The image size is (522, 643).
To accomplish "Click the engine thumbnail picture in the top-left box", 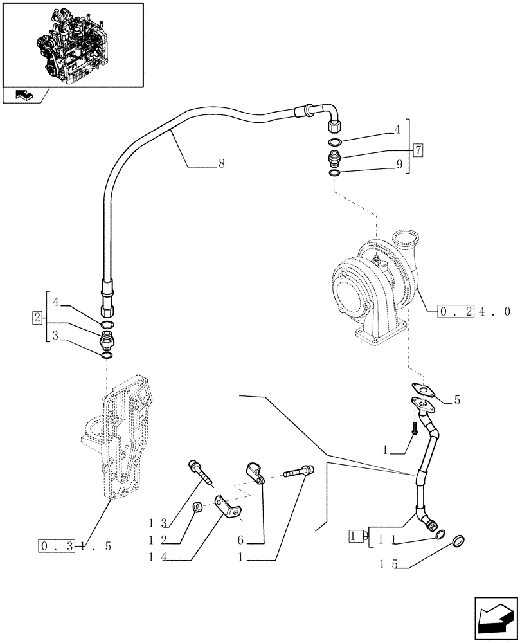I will pos(72,44).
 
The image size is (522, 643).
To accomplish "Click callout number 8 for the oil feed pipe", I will pos(221,165).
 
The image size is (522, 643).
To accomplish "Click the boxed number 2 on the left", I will pos(37,318).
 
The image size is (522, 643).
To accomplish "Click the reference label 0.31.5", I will pos(75,547).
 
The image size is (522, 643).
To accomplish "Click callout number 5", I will pos(456,400).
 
